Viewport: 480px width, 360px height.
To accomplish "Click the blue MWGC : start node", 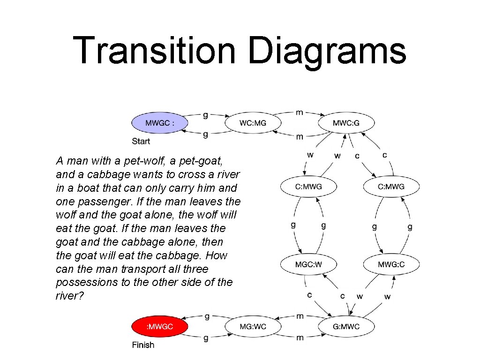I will [159, 123].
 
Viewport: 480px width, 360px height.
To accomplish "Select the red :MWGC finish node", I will [159, 327].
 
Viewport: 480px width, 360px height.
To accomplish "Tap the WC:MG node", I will [253, 123].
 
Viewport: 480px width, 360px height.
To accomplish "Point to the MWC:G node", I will [346, 123].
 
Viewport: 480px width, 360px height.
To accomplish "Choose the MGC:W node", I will [308, 264].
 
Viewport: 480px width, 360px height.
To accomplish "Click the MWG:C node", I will [391, 264].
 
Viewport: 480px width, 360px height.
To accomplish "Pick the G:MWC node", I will [346, 327].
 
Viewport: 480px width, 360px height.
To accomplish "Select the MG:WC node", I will [253, 327].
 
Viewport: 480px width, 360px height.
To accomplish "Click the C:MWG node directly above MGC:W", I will [308, 187].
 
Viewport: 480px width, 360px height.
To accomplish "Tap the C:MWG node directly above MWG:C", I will [391, 187].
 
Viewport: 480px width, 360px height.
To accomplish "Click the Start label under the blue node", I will [141, 141].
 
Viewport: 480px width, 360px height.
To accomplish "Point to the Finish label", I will [143, 345].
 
